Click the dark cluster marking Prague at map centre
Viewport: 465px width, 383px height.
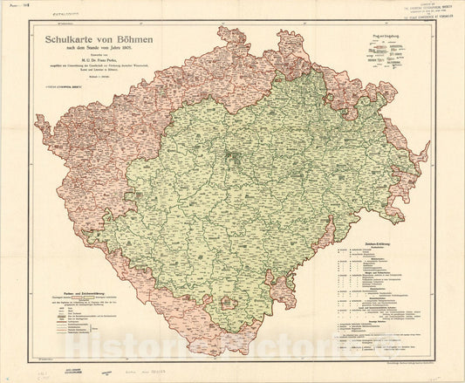tap(231, 158)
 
